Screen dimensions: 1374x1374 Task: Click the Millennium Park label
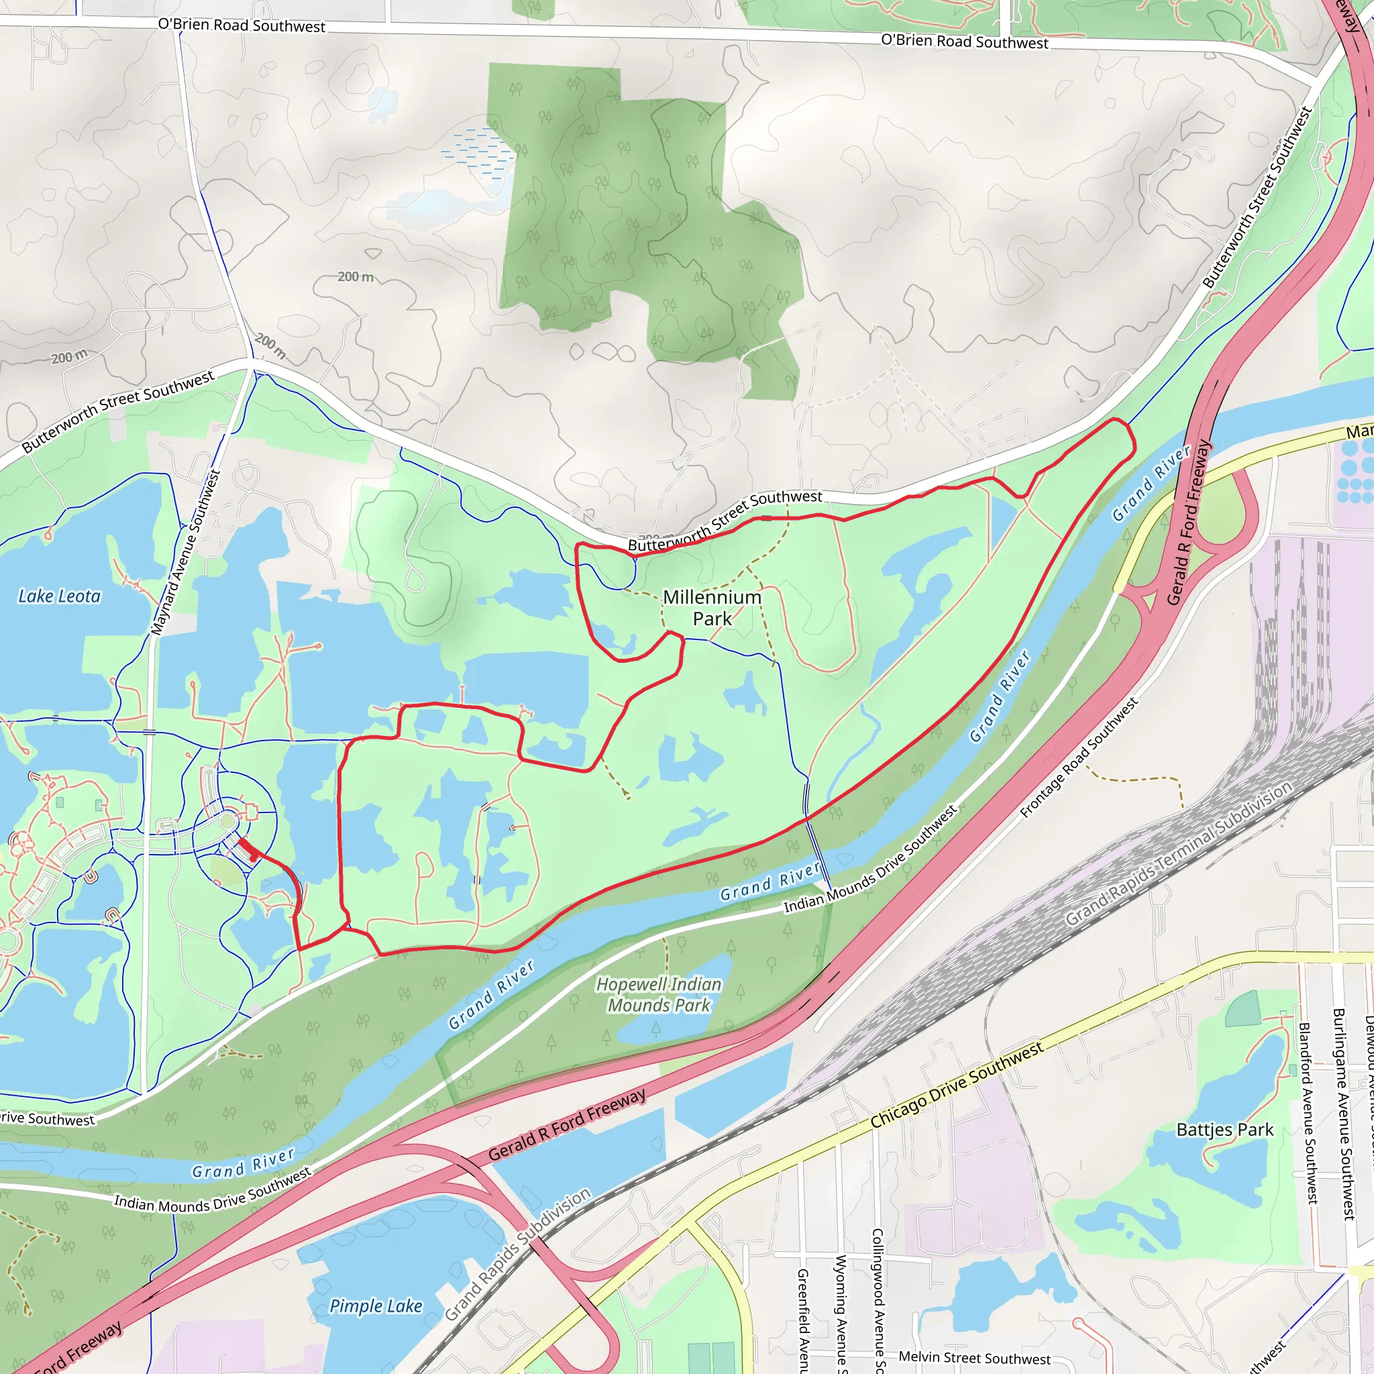pyautogui.click(x=712, y=608)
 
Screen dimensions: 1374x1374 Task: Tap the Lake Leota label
pyautogui.click(x=60, y=596)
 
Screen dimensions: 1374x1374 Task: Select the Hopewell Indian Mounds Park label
pyautogui.click(x=659, y=994)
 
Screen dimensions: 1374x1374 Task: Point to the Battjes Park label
pyautogui.click(x=1224, y=1130)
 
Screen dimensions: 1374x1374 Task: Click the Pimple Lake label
pyautogui.click(x=376, y=1306)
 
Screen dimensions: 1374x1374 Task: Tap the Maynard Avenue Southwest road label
pyautogui.click(x=186, y=553)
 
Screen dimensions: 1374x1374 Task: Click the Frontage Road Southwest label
pyautogui.click(x=1078, y=758)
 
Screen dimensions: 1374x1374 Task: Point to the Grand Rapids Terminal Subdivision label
pyautogui.click(x=1178, y=853)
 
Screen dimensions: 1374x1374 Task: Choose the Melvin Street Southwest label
pyautogui.click(x=974, y=1358)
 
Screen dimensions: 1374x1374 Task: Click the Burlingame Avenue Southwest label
pyautogui.click(x=1342, y=1113)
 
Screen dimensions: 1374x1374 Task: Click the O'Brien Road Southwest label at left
pyautogui.click(x=242, y=25)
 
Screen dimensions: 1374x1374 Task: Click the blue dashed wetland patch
pyautogui.click(x=476, y=153)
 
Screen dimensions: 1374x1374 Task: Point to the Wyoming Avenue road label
pyautogui.click(x=841, y=1313)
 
